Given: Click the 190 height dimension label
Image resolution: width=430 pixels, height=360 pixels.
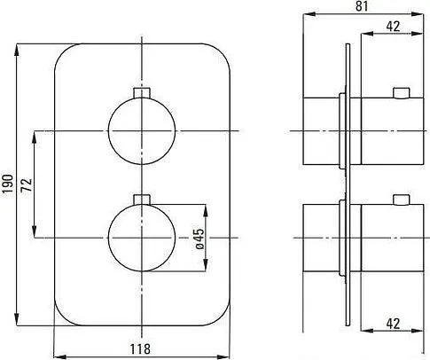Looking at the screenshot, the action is click(x=8, y=184).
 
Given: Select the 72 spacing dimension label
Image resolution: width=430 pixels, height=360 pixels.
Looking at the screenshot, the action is click(x=26, y=184).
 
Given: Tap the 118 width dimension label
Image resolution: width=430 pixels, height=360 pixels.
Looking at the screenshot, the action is click(x=140, y=349).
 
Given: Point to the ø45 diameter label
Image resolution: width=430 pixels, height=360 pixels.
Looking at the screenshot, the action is click(x=199, y=239).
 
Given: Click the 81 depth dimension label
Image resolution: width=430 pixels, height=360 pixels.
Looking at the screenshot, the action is click(x=362, y=6).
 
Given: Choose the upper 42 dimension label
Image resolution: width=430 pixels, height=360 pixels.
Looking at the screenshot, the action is click(x=393, y=27).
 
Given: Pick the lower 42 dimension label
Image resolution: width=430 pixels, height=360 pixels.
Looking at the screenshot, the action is click(x=393, y=324).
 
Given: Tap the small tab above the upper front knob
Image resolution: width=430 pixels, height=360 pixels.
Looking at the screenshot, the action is click(x=142, y=92).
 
